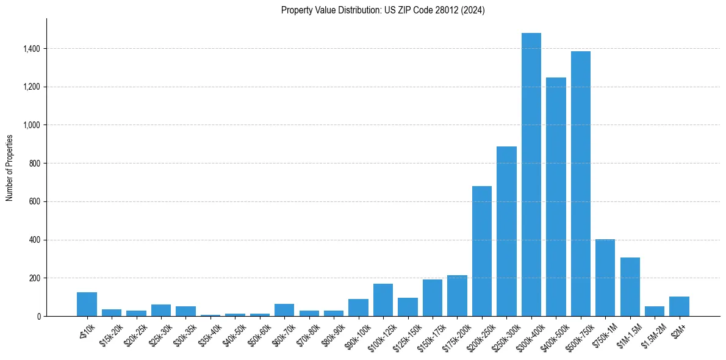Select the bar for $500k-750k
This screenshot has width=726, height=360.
click(580, 184)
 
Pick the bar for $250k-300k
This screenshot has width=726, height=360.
click(506, 231)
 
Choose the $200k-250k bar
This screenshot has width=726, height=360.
click(481, 251)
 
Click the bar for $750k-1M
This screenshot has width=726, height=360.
click(605, 278)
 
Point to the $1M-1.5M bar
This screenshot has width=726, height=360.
click(630, 287)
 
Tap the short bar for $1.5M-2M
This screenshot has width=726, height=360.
click(655, 311)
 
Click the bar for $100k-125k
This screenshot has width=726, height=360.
click(383, 300)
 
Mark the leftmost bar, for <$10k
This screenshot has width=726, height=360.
click(87, 304)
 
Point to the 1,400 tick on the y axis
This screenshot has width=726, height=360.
click(32, 49)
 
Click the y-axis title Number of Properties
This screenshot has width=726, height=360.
click(10, 167)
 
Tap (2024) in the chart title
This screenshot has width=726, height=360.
click(473, 10)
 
